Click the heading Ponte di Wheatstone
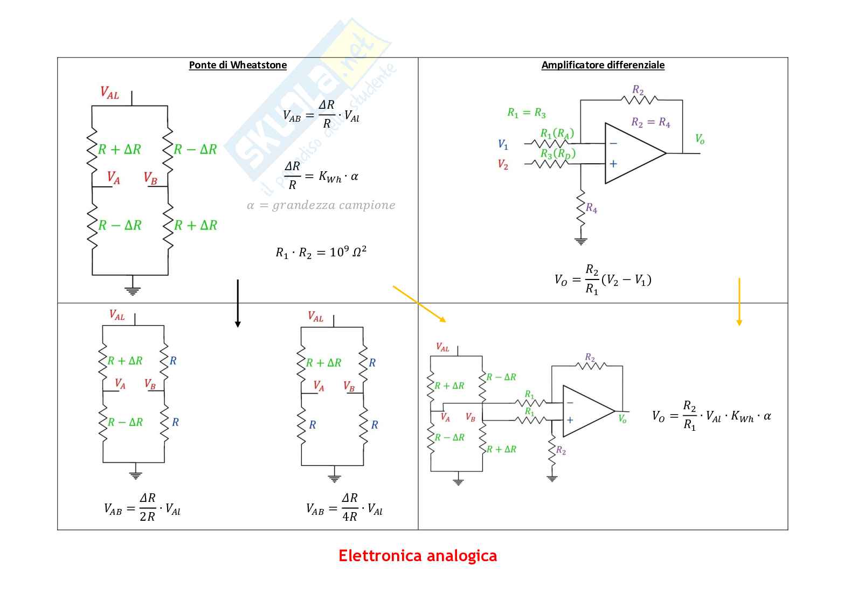pyautogui.click(x=238, y=65)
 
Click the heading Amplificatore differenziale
pyautogui.click(x=603, y=65)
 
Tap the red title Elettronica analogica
pyautogui.click(x=418, y=556)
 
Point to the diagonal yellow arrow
pyautogui.click(x=419, y=304)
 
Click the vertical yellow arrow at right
pyautogui.click(x=739, y=302)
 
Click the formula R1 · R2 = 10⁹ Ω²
pyautogui.click(x=321, y=252)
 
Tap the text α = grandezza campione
pyautogui.click(x=321, y=205)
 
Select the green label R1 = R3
pyautogui.click(x=526, y=113)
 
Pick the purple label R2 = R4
pyautogui.click(x=651, y=123)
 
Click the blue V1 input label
pyautogui.click(x=503, y=144)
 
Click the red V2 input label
pyautogui.click(x=503, y=164)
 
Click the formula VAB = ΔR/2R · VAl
pyautogui.click(x=142, y=507)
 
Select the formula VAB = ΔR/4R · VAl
pyautogui.click(x=344, y=507)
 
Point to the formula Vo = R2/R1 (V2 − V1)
pyautogui.click(x=603, y=279)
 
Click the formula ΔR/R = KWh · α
pyautogui.click(x=321, y=176)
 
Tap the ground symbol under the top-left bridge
pyautogui.click(x=132, y=291)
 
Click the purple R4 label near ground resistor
pyautogui.click(x=591, y=208)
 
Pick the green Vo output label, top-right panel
pyautogui.click(x=700, y=139)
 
